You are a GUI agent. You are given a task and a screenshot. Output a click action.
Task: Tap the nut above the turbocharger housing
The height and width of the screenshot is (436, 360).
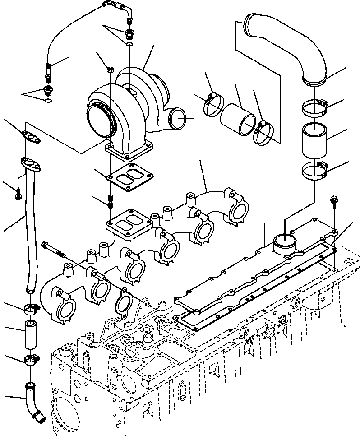point(110,69)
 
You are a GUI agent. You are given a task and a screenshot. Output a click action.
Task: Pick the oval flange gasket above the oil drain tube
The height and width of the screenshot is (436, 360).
point(30,136)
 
